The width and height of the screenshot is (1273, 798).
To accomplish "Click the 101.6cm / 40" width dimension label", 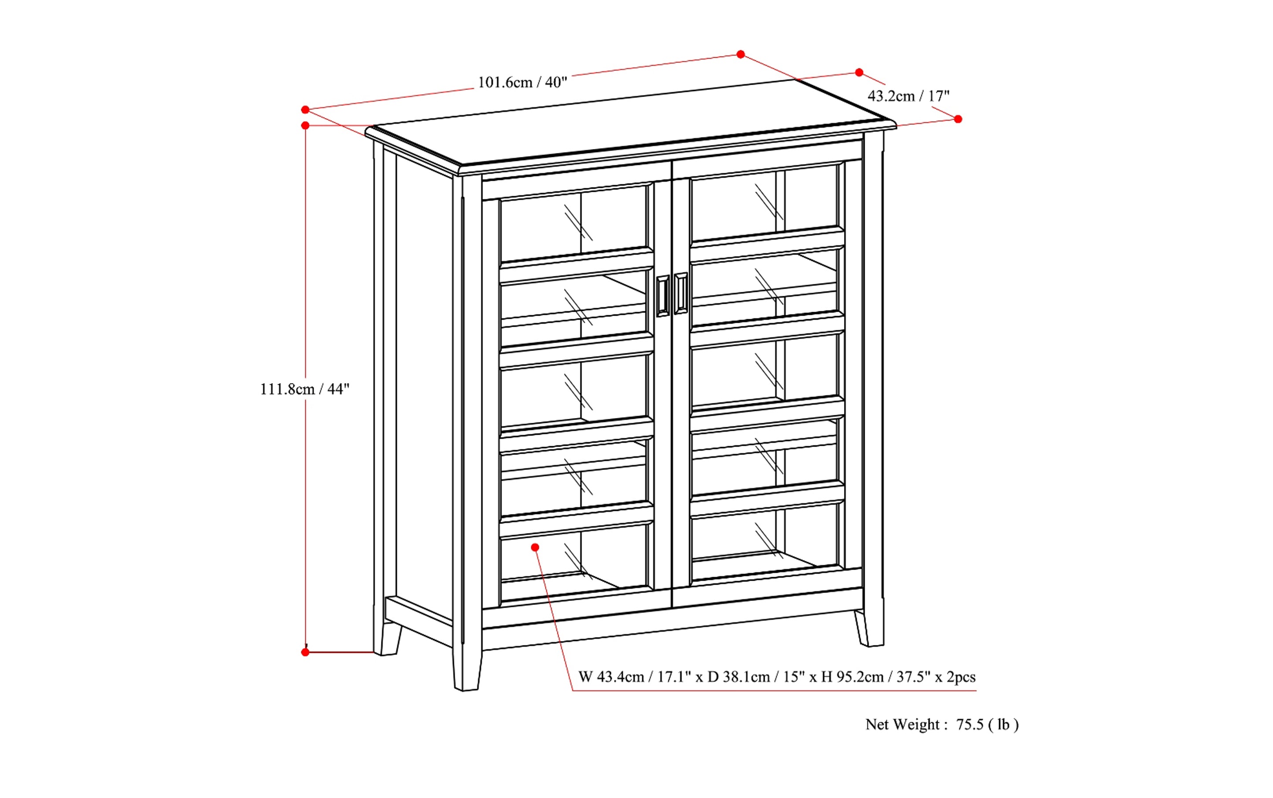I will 522,82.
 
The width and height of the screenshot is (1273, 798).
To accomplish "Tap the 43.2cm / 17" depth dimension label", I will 908,96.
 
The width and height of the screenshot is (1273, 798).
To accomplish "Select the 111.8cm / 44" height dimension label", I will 304,389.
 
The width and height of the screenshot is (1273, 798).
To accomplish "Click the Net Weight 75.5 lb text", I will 942,725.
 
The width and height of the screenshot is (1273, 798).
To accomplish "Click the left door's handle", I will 662,297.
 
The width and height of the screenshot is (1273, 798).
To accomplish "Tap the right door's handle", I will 681,294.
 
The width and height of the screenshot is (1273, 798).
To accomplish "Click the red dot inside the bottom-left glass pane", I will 535,547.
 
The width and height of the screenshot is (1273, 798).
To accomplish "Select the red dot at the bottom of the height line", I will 305,653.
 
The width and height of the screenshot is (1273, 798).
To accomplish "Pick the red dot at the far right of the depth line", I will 958,119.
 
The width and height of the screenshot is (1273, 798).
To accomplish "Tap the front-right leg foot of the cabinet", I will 870,631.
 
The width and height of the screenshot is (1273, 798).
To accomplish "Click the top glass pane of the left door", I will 573,223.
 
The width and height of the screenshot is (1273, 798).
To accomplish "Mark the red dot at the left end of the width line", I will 305,110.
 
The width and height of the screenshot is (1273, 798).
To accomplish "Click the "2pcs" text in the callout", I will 961,677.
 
